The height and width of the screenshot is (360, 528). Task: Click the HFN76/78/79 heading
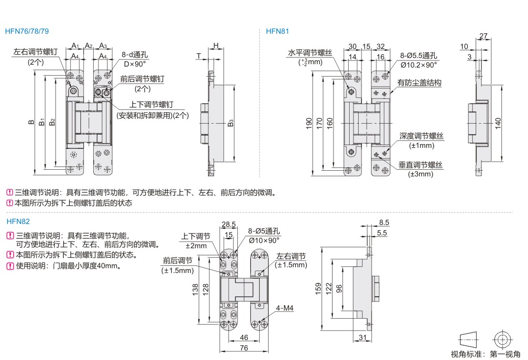coord(27,31)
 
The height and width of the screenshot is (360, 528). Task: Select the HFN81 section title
coord(277,31)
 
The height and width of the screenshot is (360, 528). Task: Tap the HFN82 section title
coord(18,221)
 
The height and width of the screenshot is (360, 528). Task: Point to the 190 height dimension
coord(309,124)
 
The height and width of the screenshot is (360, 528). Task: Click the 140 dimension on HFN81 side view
coord(498,123)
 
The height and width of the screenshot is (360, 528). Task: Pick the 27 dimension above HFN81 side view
coord(483,36)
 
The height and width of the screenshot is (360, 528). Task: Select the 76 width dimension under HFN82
coord(244,348)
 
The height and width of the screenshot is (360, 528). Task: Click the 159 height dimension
coord(318,289)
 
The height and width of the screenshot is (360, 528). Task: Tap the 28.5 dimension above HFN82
coord(229,224)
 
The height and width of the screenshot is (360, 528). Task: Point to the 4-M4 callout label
coord(284,308)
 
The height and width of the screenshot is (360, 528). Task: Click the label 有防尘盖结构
coord(419,82)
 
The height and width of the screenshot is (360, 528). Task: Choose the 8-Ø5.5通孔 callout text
coord(419,56)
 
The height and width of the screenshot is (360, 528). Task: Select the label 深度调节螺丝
coord(421,136)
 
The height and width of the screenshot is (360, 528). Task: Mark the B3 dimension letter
coord(230,123)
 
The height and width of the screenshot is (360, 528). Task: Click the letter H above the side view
coord(216,46)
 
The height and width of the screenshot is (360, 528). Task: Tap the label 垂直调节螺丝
coord(420,165)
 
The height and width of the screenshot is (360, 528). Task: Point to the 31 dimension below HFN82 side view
coord(362,338)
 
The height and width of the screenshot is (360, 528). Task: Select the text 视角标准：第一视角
coord(485,354)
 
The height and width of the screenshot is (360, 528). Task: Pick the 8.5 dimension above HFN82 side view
coord(384,223)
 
